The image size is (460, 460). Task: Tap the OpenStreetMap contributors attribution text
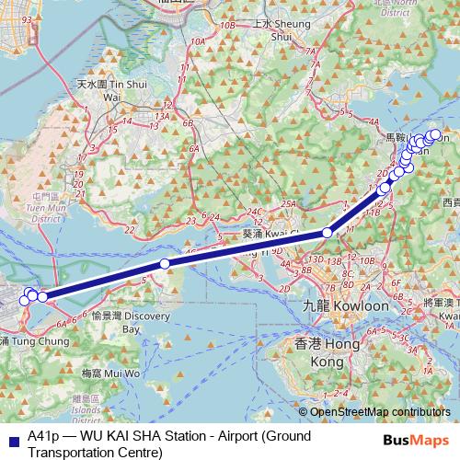[380, 411]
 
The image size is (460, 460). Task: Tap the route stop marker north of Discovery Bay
[165, 264]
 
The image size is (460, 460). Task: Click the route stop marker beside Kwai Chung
[327, 234]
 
